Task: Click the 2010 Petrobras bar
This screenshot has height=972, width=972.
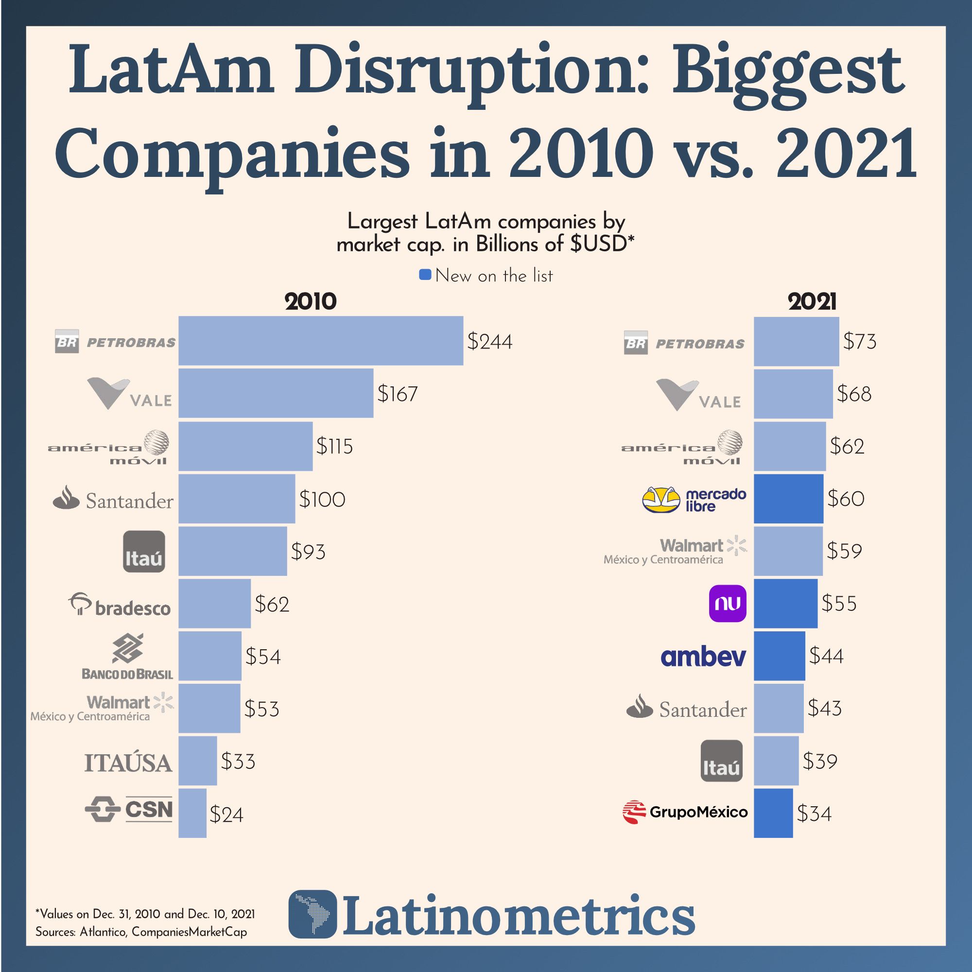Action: pos(320,341)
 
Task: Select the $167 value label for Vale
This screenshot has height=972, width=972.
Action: pos(398,394)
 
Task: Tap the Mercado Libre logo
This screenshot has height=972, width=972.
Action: pos(694,500)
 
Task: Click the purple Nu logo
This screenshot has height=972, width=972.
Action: pos(727,603)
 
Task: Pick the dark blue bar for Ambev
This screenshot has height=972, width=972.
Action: pos(779,656)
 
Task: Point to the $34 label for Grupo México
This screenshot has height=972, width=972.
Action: pos(814,814)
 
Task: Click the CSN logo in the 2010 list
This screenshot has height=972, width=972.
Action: pos(129,810)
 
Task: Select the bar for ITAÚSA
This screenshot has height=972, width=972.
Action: pos(197,761)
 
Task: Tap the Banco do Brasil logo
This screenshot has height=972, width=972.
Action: pos(127,657)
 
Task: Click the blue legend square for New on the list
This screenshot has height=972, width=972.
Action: pos(425,275)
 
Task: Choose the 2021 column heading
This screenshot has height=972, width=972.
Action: pos(812,302)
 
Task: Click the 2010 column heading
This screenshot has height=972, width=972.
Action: pos(311,302)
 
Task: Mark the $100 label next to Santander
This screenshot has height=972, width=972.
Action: pos(322,500)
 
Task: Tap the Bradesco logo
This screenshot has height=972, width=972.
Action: pos(120,605)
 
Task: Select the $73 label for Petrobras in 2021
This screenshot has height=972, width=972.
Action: pos(859,342)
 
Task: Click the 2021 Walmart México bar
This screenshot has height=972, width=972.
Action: pos(788,551)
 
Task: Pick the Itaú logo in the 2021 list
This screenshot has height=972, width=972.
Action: pos(721,761)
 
